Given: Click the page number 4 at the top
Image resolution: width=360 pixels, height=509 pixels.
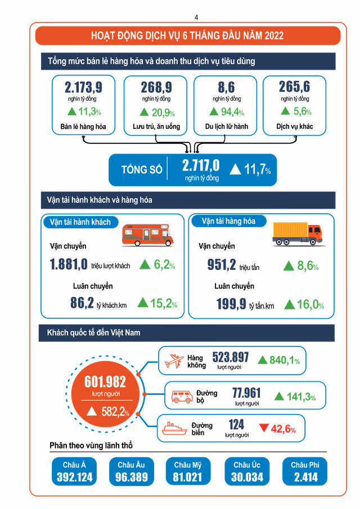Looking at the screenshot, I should click(x=196, y=17).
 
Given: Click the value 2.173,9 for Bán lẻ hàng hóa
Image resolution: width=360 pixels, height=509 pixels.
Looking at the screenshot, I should click(x=83, y=87).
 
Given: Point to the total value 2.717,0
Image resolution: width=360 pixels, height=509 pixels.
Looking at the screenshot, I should click(x=200, y=165).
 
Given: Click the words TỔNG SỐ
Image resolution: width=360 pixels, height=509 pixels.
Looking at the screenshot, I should click(x=141, y=169).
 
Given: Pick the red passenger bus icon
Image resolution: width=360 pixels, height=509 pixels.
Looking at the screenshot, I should click(x=148, y=233).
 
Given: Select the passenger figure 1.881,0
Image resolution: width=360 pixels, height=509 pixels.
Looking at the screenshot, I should click(x=69, y=264).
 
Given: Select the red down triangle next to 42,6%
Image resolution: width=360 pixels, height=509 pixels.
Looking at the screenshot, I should click(x=264, y=429).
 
